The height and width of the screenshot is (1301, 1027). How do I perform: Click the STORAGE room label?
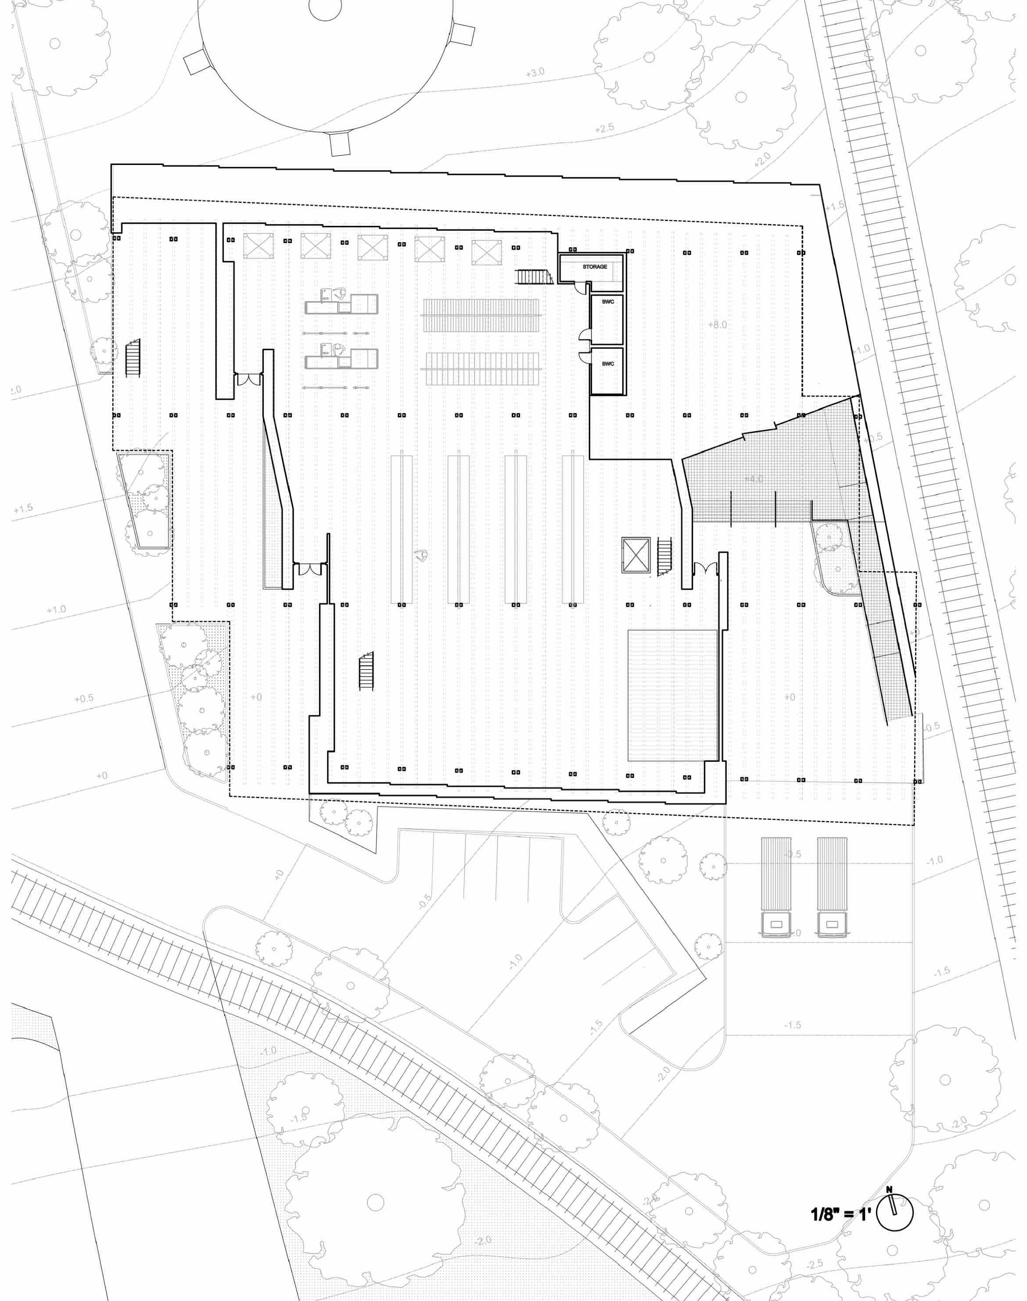(x=594, y=266)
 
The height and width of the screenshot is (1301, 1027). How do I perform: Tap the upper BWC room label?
(x=608, y=302)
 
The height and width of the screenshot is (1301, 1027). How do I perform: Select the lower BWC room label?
(x=608, y=364)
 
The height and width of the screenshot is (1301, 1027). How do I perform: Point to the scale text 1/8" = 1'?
(x=840, y=1215)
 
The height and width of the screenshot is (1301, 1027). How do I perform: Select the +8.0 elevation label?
(x=717, y=325)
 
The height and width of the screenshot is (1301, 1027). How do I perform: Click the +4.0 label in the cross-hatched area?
(x=754, y=479)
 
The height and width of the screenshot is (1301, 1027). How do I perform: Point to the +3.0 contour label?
(x=535, y=73)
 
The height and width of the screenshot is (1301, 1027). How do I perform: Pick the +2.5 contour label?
(x=604, y=129)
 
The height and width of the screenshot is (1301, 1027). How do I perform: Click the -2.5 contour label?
(x=814, y=1264)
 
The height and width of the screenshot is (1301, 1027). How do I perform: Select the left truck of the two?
(x=776, y=887)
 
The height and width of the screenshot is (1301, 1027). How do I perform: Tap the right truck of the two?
(x=832, y=887)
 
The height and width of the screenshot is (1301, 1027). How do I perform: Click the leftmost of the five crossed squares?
(x=259, y=246)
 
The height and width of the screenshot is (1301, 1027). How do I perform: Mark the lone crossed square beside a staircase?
(x=636, y=555)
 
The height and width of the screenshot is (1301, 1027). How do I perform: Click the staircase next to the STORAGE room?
(x=534, y=277)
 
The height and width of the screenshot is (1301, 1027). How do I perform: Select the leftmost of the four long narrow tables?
(x=402, y=529)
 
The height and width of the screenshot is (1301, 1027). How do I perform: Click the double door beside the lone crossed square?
(x=705, y=567)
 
